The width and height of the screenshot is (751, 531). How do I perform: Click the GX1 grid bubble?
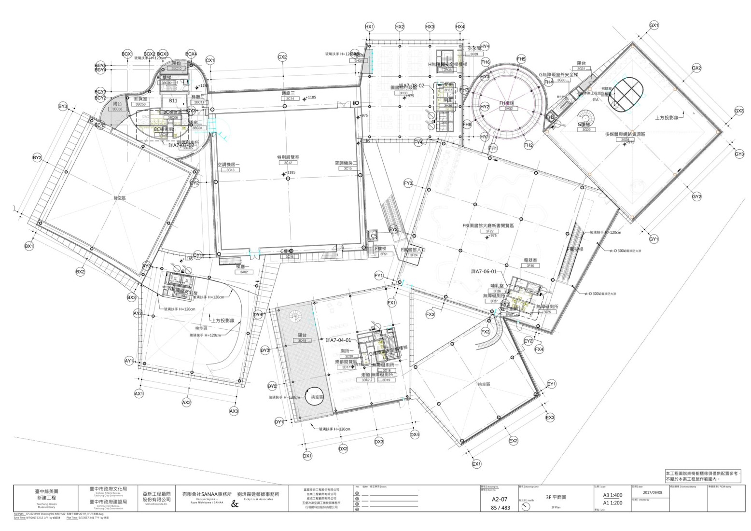tap(654, 25)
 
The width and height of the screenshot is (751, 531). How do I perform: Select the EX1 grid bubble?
tap(476, 464)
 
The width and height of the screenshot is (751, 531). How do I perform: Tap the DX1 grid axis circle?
tap(307, 455)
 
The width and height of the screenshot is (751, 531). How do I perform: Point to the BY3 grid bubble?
tap(63, 106)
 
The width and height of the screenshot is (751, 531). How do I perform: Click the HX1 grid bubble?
tap(369, 27)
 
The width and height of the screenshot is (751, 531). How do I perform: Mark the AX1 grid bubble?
tap(139, 393)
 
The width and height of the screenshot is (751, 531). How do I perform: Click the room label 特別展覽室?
tap(288, 157)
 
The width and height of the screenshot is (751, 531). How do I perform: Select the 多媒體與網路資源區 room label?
tap(625, 135)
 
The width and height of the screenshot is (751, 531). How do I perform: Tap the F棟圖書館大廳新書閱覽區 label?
tap(488, 225)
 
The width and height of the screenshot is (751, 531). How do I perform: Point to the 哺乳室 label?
tap(497, 286)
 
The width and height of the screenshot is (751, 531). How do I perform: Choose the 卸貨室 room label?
tap(140, 98)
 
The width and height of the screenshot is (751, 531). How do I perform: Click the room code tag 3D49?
tap(302, 341)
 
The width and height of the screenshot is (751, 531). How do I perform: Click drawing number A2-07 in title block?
tap(499, 499)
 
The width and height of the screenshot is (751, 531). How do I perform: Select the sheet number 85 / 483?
tap(500, 507)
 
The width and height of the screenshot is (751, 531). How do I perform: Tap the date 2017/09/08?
tap(653, 492)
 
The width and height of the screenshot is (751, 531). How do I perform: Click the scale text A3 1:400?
tap(612, 495)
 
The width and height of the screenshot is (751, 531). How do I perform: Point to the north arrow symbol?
tap(526, 506)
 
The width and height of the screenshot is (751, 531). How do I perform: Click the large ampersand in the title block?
tap(235, 504)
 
